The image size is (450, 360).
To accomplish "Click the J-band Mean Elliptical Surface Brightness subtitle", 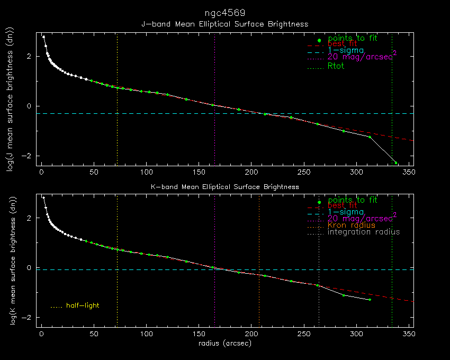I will (x=224, y=24).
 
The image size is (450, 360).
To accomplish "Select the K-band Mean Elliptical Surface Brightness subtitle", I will (x=224, y=187).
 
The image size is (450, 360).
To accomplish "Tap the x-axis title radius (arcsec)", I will (x=224, y=344).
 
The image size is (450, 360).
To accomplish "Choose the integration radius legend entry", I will (x=364, y=232).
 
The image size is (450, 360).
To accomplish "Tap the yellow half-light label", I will (x=83, y=305).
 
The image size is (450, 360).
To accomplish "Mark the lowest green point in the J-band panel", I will (x=395, y=163).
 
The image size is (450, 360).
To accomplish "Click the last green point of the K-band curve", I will (x=370, y=300).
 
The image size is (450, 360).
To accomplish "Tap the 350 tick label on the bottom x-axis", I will (x=409, y=335).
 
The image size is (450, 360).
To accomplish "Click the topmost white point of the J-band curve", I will (x=43, y=37).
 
